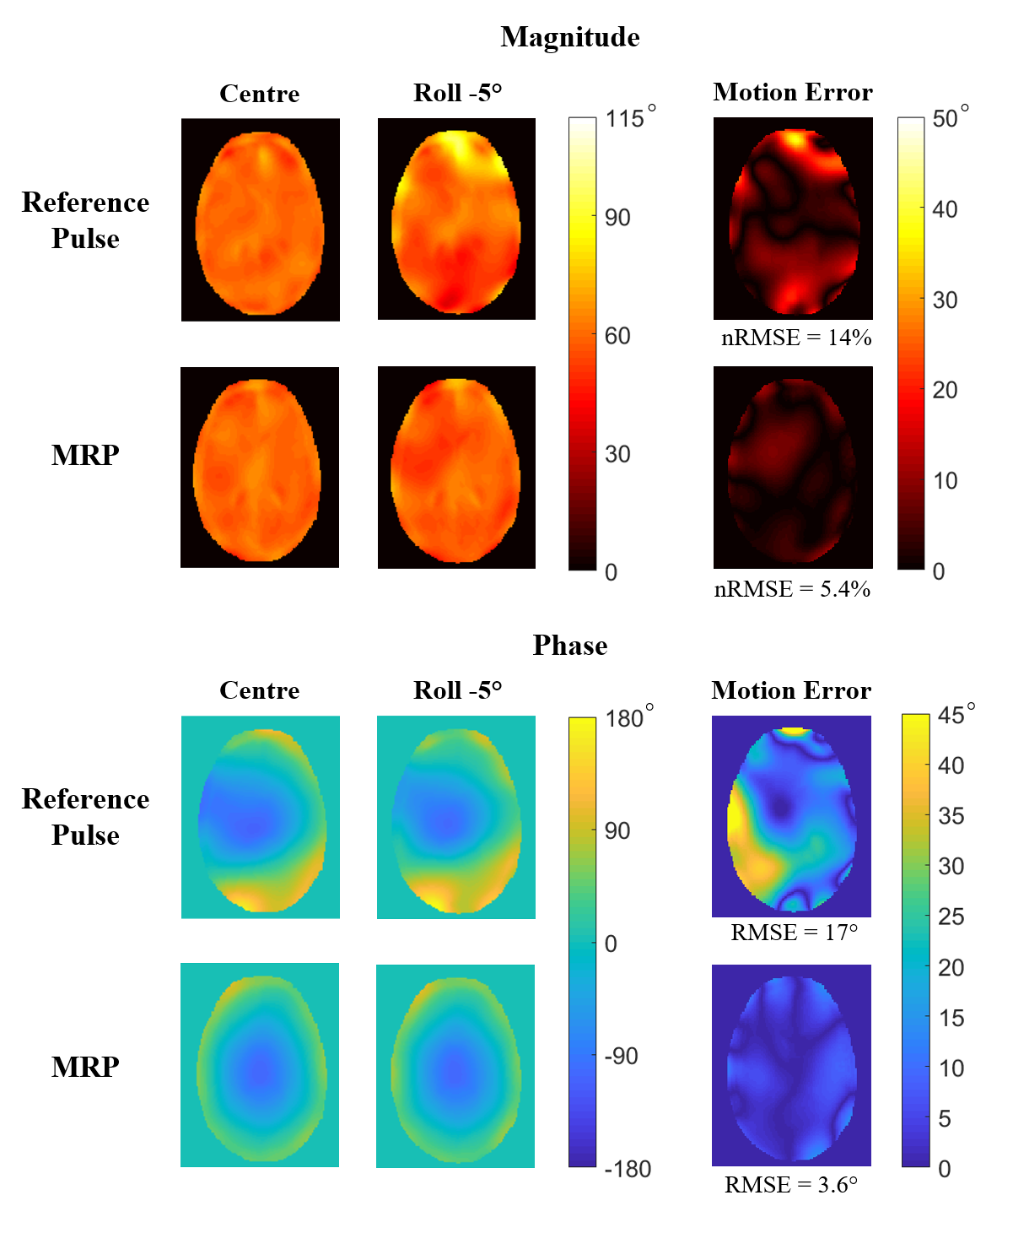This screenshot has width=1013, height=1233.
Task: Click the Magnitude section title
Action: tap(569, 37)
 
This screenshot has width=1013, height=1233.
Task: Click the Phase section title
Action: tap(569, 646)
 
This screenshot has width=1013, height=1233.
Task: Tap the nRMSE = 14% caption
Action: tap(795, 338)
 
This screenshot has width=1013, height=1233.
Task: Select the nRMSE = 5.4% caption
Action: tap(792, 589)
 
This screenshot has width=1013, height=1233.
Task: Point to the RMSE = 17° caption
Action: tap(794, 933)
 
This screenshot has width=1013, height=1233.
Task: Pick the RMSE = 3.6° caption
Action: tap(790, 1185)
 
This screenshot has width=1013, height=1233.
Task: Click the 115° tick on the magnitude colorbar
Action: tap(629, 118)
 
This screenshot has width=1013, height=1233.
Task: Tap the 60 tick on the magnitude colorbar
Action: tap(617, 336)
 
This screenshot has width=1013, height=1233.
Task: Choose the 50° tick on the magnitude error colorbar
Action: tap(950, 118)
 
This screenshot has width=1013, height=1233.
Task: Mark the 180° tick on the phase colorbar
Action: tap(629, 718)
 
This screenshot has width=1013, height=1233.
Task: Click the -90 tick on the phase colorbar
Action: tap(621, 1056)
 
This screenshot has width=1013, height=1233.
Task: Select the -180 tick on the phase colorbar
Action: tap(628, 1169)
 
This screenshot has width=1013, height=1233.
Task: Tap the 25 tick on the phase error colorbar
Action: tap(950, 917)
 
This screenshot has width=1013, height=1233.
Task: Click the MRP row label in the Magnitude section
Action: tap(85, 456)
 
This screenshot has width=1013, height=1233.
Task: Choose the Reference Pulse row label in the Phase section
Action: tap(85, 817)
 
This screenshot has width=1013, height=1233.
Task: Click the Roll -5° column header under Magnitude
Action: tap(457, 93)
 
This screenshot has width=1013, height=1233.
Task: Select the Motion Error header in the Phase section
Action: tap(791, 690)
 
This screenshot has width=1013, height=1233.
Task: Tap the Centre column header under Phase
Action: tap(259, 690)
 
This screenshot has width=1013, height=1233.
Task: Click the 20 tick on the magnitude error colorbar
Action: tap(945, 390)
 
